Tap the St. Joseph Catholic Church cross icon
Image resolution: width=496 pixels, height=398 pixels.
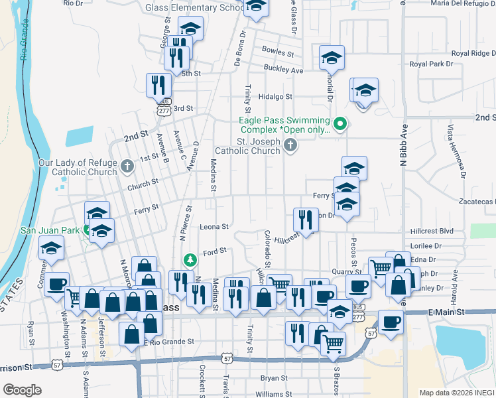click(x=290, y=145)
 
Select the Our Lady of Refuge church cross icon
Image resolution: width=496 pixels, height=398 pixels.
click(x=128, y=166)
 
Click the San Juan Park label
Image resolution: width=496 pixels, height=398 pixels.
click(x=46, y=230)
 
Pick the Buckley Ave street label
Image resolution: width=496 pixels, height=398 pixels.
click(x=283, y=70)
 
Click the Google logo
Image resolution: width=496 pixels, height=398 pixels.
click(x=23, y=390)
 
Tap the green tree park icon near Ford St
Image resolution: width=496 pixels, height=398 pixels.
click(x=190, y=259)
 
